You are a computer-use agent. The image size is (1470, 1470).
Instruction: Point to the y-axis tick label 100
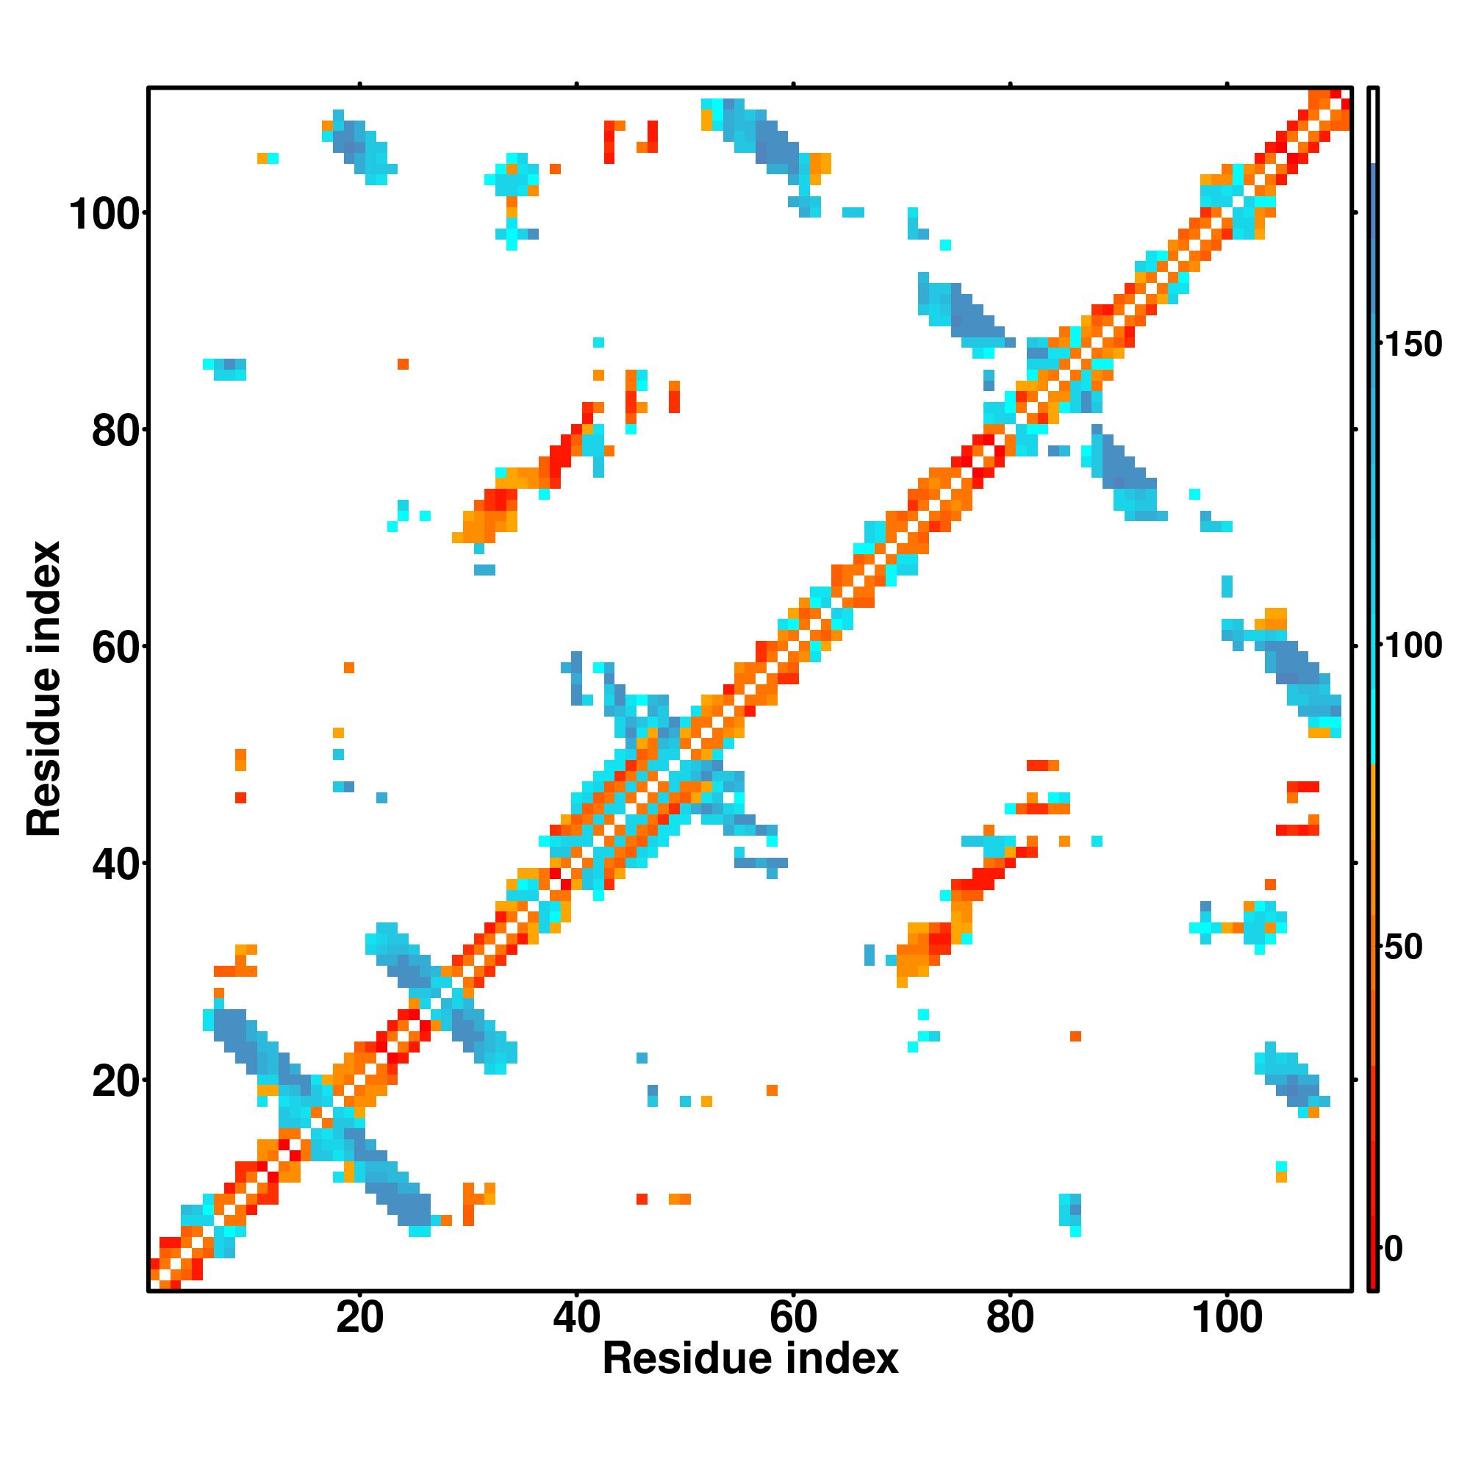(x=107, y=215)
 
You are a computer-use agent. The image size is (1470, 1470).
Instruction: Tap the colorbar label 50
(x=1404, y=947)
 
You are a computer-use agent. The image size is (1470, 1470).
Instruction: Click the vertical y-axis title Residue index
(x=43, y=689)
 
